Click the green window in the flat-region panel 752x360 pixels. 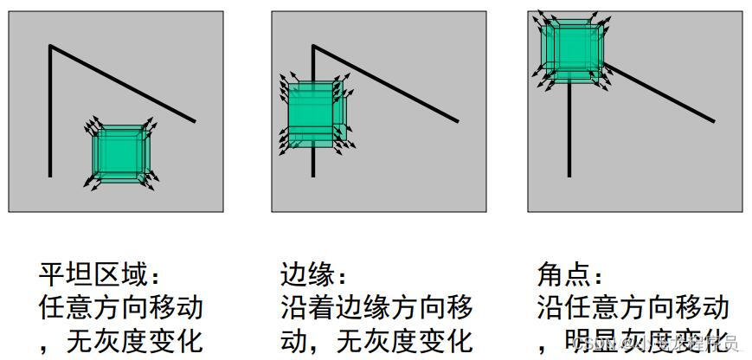pyautogui.click(x=121, y=156)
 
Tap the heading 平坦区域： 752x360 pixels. pyautogui.click(x=100, y=276)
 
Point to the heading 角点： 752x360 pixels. pyautogui.click(x=571, y=276)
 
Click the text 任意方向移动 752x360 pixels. pyautogui.click(x=121, y=307)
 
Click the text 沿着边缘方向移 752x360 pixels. pyautogui.click(x=376, y=307)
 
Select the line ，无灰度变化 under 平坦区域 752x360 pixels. pyautogui.click(x=121, y=339)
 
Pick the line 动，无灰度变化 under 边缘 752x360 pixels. pyautogui.click(x=376, y=339)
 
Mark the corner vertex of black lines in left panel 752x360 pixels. pyautogui.click(x=50, y=46)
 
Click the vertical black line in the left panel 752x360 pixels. pyautogui.click(x=50, y=112)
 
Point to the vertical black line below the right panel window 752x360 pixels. pyautogui.click(x=569, y=130)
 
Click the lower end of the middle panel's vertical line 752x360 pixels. pyautogui.click(x=313, y=174)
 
